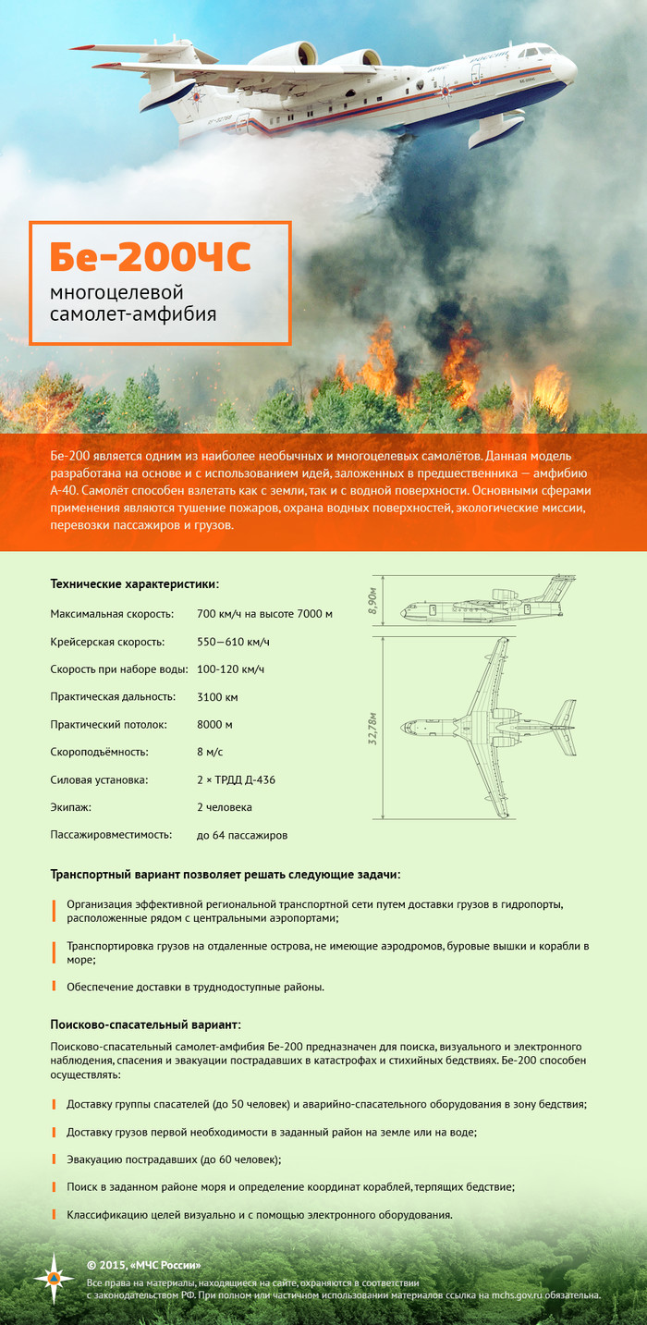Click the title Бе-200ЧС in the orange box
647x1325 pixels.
click(151, 260)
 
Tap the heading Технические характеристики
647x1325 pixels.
click(135, 584)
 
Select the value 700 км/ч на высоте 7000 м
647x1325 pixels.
click(264, 614)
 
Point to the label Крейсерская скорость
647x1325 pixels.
click(108, 642)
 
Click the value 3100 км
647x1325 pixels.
click(217, 697)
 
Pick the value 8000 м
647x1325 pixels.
click(214, 725)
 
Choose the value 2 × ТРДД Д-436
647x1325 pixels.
click(236, 780)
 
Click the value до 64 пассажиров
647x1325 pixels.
click(242, 836)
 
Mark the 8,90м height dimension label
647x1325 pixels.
click(372, 601)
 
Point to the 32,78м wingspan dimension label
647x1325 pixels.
click(372, 729)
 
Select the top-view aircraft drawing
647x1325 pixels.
click(488, 728)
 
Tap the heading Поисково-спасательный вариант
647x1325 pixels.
click(146, 1025)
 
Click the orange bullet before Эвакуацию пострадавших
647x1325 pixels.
click(55, 1159)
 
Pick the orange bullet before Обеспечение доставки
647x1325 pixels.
click(55, 987)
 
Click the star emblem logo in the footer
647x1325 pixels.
click(54, 1278)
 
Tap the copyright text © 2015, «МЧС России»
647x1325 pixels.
click(143, 1265)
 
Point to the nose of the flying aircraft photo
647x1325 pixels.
click(569, 70)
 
